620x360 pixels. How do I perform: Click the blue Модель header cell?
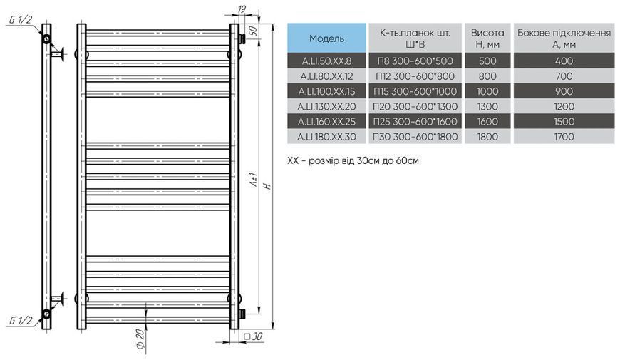(x=326, y=38)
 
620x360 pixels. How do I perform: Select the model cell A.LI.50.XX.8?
(x=326, y=61)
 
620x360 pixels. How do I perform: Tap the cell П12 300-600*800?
(x=415, y=76)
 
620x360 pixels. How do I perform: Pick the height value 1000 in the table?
(x=487, y=91)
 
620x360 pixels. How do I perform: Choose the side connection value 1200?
(x=564, y=106)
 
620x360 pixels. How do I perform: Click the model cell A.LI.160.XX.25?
(x=326, y=121)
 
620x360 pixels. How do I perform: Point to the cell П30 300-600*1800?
(x=415, y=137)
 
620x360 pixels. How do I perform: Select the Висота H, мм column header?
(x=487, y=38)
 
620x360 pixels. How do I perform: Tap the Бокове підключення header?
(x=564, y=38)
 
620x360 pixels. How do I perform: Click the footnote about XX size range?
(x=353, y=160)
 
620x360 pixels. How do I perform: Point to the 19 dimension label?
(x=242, y=9)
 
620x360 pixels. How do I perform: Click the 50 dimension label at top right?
(x=254, y=31)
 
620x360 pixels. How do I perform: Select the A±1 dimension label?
(x=254, y=180)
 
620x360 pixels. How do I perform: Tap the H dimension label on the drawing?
(x=268, y=185)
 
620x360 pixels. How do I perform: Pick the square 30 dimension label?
(x=253, y=336)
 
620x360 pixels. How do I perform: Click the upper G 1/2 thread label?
(x=20, y=20)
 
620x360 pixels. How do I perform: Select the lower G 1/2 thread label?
(x=20, y=320)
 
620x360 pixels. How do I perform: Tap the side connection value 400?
(x=564, y=61)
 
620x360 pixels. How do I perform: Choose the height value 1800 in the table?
(x=487, y=137)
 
